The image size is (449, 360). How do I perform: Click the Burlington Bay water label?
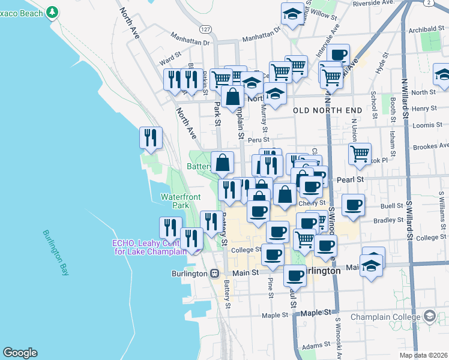point(55,253)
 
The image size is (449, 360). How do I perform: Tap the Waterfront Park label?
point(175,201)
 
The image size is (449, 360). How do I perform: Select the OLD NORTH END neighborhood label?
point(327,110)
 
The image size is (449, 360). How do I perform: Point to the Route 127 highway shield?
point(206,29)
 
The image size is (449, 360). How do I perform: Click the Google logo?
point(20,353)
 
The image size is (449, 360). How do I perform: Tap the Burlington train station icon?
point(214,273)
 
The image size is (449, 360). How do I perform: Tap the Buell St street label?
point(391,206)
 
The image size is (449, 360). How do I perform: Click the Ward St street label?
point(170,59)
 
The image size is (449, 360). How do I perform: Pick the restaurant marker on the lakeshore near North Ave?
point(151,137)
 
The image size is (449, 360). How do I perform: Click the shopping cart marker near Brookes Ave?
point(360,153)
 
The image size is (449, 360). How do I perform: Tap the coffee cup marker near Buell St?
point(353,205)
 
